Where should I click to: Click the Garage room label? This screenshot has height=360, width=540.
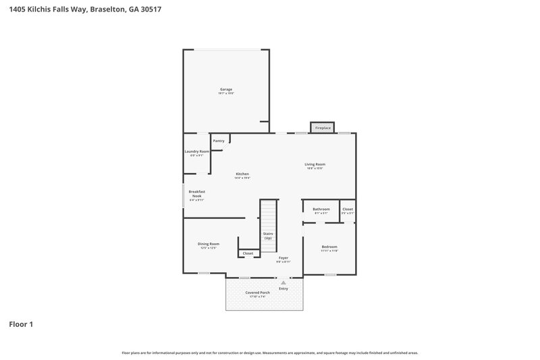click(x=226, y=89)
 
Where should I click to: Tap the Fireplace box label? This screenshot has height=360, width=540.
click(x=323, y=128)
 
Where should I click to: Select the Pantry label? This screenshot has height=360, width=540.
click(x=219, y=140)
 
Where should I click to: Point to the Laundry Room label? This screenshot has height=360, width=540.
click(x=197, y=151)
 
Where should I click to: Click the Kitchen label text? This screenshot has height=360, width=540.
click(x=243, y=174)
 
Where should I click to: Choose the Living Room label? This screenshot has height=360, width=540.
click(x=315, y=164)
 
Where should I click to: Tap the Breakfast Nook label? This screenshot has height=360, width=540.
click(x=196, y=193)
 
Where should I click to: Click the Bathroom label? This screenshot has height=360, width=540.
click(x=321, y=209)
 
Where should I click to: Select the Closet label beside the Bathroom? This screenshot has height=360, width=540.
click(x=348, y=209)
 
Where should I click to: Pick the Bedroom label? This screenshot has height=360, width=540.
click(x=329, y=247)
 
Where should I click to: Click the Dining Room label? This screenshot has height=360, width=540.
click(x=209, y=244)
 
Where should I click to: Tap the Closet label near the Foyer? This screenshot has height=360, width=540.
click(x=248, y=253)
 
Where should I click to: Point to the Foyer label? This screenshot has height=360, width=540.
click(x=283, y=257)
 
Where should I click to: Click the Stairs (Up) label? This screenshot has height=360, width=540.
click(x=268, y=235)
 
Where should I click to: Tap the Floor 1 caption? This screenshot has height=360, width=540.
click(x=21, y=324)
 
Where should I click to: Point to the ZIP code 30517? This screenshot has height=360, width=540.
click(x=151, y=10)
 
